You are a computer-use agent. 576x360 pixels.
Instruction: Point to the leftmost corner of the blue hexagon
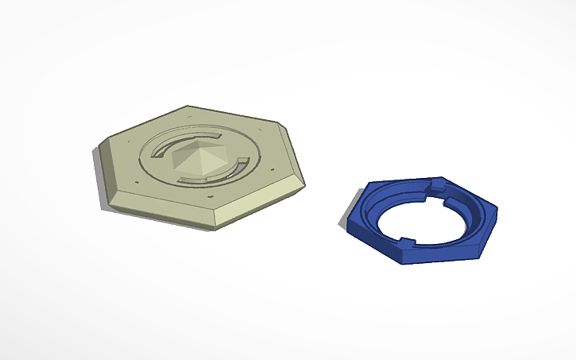tap(347, 226)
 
